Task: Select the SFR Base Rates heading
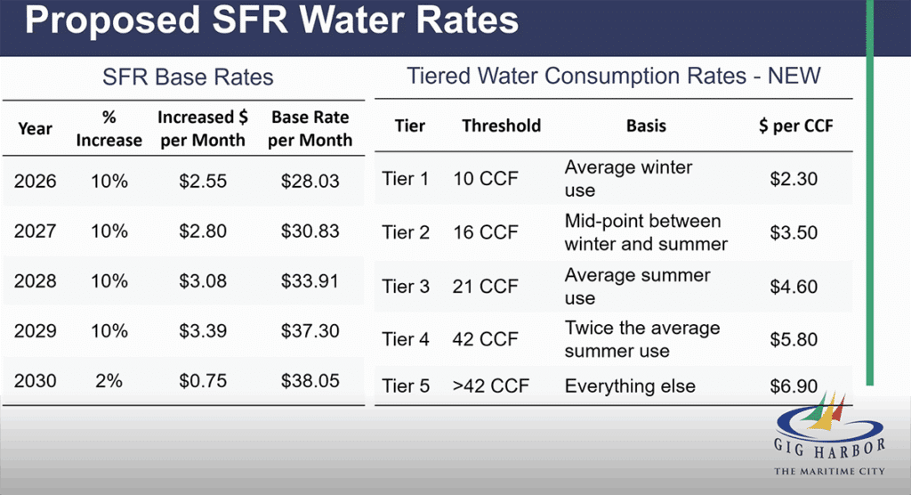pos(187,77)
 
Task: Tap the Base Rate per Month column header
pos(310,129)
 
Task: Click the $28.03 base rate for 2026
pos(310,181)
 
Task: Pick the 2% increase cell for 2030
pos(109,381)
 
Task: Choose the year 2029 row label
pos(36,331)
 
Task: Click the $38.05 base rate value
pos(310,381)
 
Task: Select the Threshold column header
pos(502,126)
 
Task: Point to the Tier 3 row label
pos(405,287)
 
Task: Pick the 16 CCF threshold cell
pos(486,232)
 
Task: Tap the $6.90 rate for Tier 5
pos(794,386)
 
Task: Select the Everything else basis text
pos(630,386)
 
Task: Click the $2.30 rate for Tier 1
pos(794,179)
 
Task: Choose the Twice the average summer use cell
pos(642,339)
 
